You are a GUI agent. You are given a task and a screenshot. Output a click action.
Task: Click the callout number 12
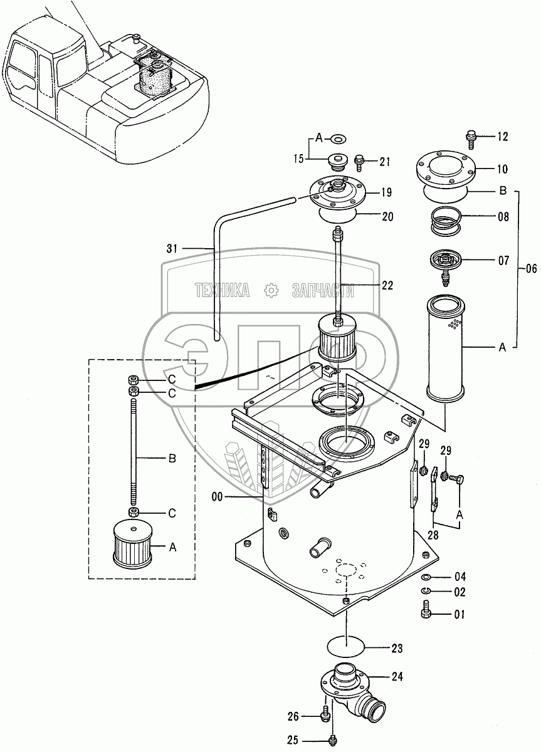pos(502,137)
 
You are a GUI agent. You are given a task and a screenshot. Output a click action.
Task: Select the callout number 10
pos(502,169)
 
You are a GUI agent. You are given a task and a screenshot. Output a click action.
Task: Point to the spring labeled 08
pos(446,219)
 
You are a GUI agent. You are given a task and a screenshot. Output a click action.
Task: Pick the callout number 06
pos(530,269)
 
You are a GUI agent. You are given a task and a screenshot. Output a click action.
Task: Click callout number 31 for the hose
pos(172,248)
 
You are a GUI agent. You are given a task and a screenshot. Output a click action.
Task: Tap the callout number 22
pos(387,285)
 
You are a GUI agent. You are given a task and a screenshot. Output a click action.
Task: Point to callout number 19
pos(387,192)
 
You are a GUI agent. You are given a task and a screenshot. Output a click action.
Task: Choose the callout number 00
pos(218,506)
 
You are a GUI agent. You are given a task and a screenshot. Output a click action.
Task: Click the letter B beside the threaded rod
pos(172,458)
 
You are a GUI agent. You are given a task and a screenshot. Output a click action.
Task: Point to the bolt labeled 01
pos(426,613)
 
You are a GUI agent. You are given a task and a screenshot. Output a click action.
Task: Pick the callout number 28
pos(433,535)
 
